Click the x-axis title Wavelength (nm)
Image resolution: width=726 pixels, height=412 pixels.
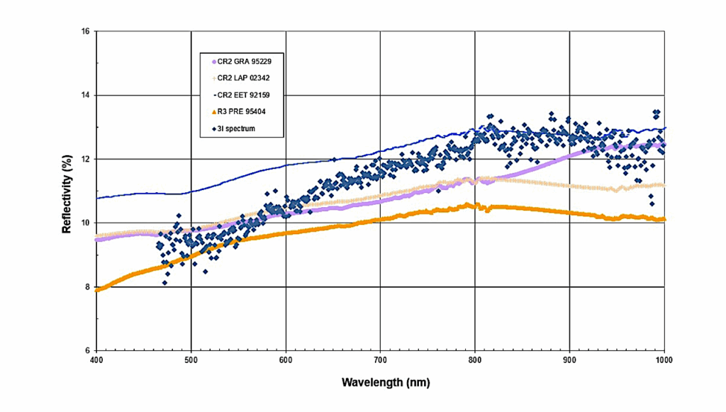click(x=386, y=382)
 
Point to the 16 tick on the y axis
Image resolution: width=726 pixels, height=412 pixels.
click(x=84, y=32)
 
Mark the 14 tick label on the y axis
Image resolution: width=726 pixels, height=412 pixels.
click(x=84, y=96)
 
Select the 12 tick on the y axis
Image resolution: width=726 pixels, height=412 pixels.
click(x=84, y=160)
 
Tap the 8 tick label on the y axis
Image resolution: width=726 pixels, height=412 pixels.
click(x=86, y=287)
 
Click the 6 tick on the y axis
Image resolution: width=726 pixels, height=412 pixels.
click(x=86, y=351)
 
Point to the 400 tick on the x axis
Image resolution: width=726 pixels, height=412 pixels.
click(x=96, y=360)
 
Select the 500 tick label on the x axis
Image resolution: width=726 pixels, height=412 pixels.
click(x=191, y=360)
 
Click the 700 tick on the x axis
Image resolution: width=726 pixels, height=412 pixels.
click(x=380, y=360)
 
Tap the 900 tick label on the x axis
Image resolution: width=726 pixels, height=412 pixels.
click(x=569, y=360)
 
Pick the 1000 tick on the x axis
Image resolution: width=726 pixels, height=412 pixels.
click(x=663, y=360)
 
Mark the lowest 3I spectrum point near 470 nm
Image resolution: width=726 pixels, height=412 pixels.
click(x=165, y=283)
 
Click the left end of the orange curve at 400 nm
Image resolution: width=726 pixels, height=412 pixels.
click(x=98, y=289)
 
